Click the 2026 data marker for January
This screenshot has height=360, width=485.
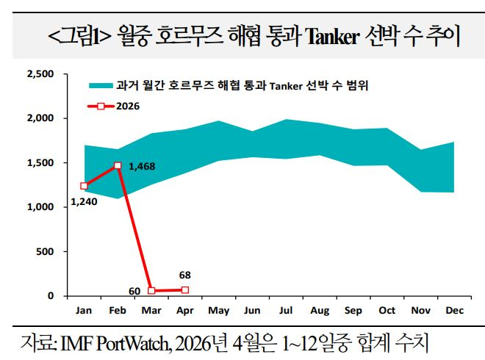pyautogui.click(x=84, y=186)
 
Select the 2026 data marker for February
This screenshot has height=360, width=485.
pyautogui.click(x=118, y=166)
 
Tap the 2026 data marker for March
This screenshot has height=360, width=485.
pyautogui.click(x=151, y=291)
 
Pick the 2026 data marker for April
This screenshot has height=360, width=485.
pyautogui.click(x=185, y=290)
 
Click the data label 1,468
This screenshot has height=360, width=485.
pyautogui.click(x=141, y=167)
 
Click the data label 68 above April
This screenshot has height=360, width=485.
pyautogui.click(x=185, y=276)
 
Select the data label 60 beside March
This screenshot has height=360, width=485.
pyautogui.click(x=134, y=292)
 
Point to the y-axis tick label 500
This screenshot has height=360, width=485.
pyautogui.click(x=46, y=252)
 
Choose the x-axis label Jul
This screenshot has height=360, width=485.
pyautogui.click(x=287, y=311)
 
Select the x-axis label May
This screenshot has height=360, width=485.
pyautogui.click(x=219, y=311)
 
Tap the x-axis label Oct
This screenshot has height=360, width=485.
pyautogui.click(x=387, y=311)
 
